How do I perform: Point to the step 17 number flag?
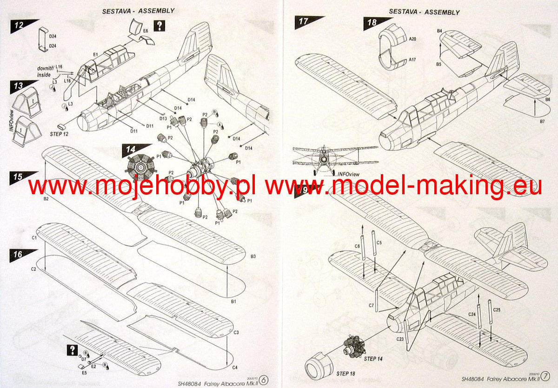click(x=306, y=21)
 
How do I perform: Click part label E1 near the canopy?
click(x=95, y=55)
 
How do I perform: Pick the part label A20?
click(x=413, y=41)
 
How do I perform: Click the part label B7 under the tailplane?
click(x=542, y=121)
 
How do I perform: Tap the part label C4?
click(x=235, y=368)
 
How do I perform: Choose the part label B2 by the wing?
click(x=46, y=199)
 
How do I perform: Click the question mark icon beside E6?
click(x=159, y=26)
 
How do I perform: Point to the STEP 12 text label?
click(x=59, y=133)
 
